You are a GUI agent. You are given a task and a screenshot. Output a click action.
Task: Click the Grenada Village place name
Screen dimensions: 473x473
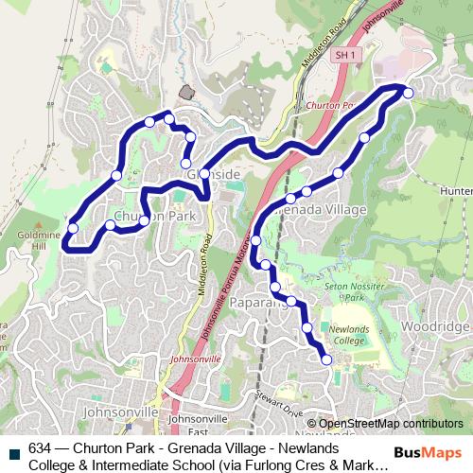click(x=307, y=208)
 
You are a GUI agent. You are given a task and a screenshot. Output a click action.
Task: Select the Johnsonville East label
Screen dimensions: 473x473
click(x=197, y=422)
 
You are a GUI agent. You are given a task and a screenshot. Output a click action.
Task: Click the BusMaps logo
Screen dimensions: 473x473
click(x=429, y=451)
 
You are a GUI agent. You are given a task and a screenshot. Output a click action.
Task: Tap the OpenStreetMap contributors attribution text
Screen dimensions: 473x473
click(x=390, y=423)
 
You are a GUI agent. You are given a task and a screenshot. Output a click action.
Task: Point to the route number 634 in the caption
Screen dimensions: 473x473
click(x=41, y=448)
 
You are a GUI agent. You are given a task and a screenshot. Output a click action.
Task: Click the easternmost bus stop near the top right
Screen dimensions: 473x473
click(x=408, y=91)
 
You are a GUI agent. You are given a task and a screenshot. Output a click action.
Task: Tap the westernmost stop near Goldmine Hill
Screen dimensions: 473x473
click(x=73, y=227)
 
